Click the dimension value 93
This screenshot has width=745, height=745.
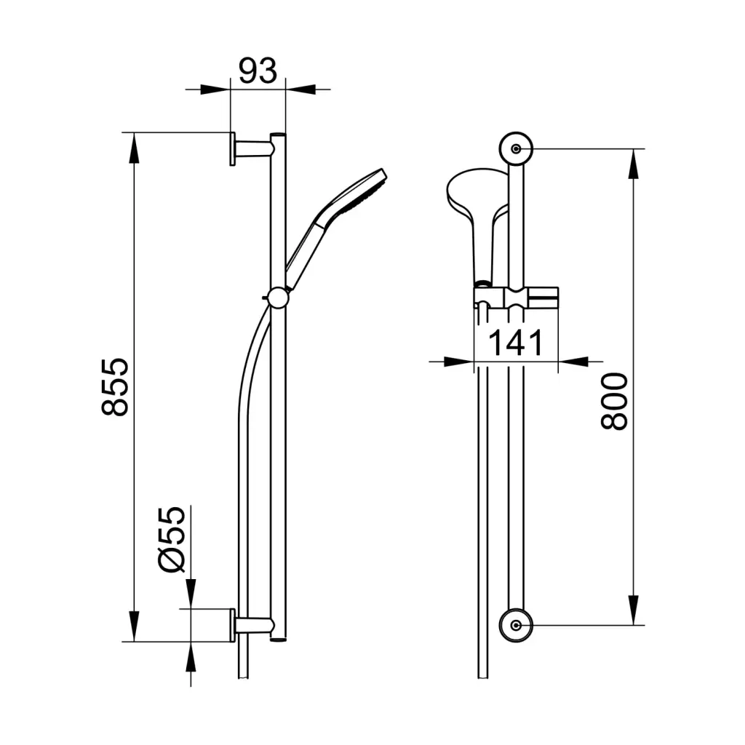tap(258, 71)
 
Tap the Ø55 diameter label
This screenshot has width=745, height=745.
tap(171, 539)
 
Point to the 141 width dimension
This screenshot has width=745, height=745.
tap(516, 343)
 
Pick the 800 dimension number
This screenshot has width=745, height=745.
tap(614, 402)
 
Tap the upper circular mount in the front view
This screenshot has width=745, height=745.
tap(516, 148)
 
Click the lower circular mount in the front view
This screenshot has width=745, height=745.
tap(516, 625)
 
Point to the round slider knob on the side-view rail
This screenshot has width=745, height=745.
tap(278, 298)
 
